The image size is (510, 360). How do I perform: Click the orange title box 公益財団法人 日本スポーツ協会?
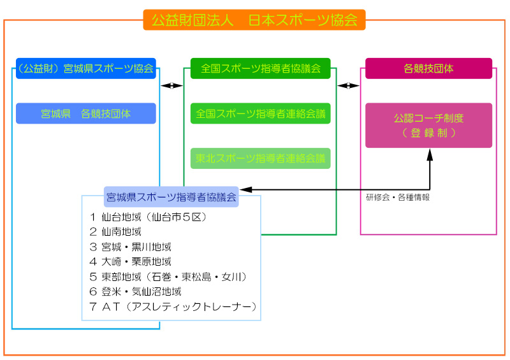254,20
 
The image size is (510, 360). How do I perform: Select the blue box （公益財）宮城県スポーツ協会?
86,68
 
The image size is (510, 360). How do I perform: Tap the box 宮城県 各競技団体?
86,113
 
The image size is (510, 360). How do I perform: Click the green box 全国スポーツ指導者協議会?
261,68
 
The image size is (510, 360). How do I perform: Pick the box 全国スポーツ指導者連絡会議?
261,113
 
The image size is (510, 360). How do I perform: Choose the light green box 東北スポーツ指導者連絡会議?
261,158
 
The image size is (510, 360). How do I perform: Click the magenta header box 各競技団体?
428,68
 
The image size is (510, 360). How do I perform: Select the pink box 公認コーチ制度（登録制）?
428,126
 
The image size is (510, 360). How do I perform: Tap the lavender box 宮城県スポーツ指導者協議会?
171,197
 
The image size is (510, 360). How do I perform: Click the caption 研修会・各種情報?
398,198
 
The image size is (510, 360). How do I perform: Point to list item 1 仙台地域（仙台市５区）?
149,217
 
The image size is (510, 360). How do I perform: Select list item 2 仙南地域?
115,232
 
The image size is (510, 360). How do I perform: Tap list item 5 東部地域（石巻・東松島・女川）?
168,277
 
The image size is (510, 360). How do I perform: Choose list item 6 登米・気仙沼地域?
136,292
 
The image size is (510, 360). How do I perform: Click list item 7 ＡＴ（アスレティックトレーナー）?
173,307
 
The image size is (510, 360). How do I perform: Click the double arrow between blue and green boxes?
170,85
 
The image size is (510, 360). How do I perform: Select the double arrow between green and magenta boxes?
348,85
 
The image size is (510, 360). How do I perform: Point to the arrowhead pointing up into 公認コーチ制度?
429,154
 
